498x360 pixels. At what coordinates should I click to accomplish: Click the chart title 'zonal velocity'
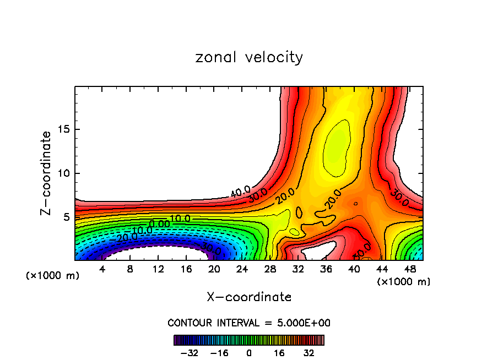249,58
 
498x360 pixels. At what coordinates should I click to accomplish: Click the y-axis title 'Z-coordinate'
46,173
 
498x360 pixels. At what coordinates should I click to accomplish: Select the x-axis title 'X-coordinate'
249,297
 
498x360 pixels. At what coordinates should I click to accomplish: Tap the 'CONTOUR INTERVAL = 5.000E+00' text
249,323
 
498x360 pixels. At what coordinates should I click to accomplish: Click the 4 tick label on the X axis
102,269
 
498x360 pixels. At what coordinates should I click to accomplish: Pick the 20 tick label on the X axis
214,269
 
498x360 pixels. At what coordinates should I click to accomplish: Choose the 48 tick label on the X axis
409,269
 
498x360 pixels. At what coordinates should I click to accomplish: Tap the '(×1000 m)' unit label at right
403,281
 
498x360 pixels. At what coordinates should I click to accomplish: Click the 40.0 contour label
240,192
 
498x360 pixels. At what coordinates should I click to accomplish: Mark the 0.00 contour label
159,224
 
